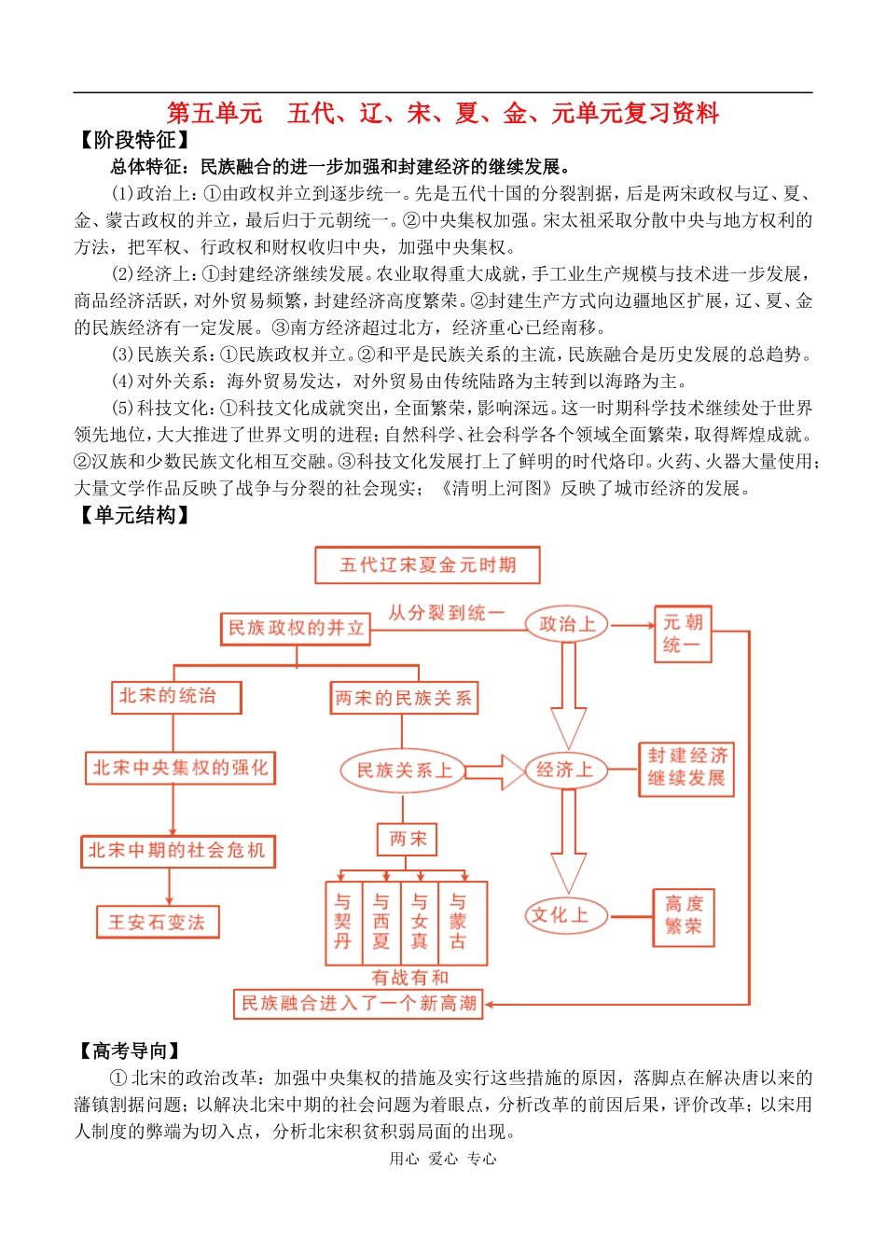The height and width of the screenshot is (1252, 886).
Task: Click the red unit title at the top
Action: click(443, 113)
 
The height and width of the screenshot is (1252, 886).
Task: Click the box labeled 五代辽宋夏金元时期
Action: click(427, 565)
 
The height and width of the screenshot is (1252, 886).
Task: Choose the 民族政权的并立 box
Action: click(296, 628)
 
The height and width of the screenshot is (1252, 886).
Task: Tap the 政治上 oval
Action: click(566, 624)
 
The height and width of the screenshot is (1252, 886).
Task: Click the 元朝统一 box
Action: click(683, 634)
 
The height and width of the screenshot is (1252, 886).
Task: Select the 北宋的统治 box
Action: click(175, 696)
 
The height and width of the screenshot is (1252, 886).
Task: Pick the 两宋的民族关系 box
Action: click(404, 698)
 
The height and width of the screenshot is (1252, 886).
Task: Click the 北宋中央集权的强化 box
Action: click(180, 768)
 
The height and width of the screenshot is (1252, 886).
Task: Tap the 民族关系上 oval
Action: click(404, 771)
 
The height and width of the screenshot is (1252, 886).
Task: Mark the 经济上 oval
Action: click(565, 770)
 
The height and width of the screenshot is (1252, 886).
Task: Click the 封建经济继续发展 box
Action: click(686, 768)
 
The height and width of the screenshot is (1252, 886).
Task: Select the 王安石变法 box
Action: click(158, 922)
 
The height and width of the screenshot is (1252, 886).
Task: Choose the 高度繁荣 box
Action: click(684, 915)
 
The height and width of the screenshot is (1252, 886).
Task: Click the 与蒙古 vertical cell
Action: click(458, 922)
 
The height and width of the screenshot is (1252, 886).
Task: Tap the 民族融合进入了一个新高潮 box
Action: click(358, 1004)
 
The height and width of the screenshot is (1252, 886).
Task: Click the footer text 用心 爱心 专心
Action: click(443, 1159)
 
